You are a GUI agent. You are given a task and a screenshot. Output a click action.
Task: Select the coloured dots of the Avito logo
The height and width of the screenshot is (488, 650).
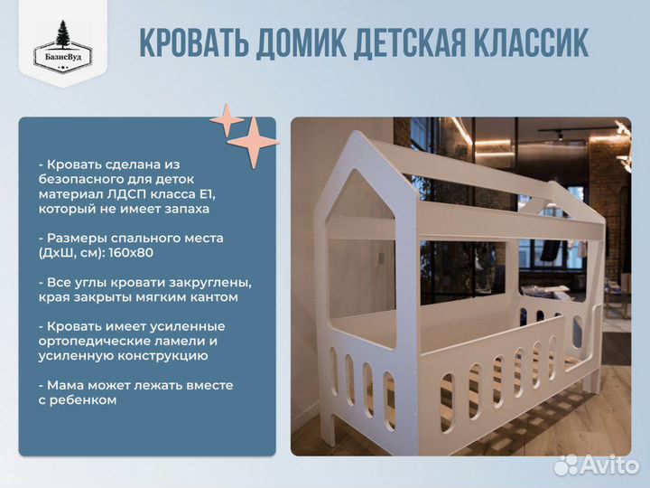coord(565,465)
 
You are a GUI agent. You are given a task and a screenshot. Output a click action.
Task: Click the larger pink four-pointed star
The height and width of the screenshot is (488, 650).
coord(253,142)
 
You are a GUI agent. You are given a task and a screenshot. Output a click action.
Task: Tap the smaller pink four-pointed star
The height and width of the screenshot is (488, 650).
coord(227,120)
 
